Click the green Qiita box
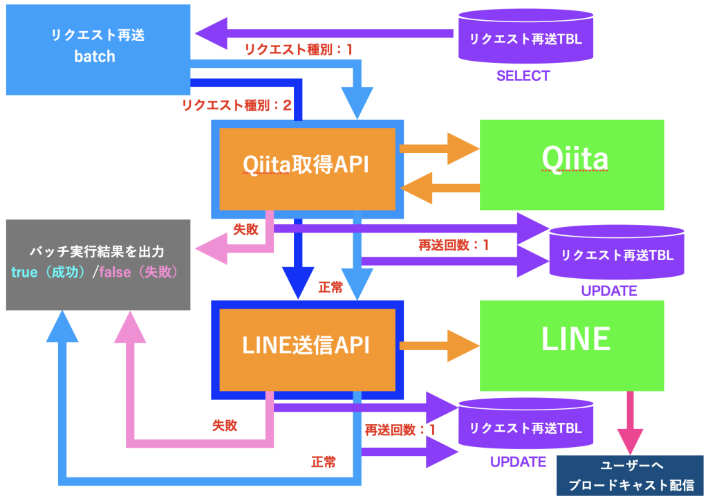pos(572,164)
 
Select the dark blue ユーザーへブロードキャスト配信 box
pos(630,476)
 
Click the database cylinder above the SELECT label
pos(525,39)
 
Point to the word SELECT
pos(523,76)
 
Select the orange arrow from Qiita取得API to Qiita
pos(439,147)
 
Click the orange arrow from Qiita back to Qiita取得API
pos(439,188)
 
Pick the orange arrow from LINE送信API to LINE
pos(439,344)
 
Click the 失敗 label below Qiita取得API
pos(245,229)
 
